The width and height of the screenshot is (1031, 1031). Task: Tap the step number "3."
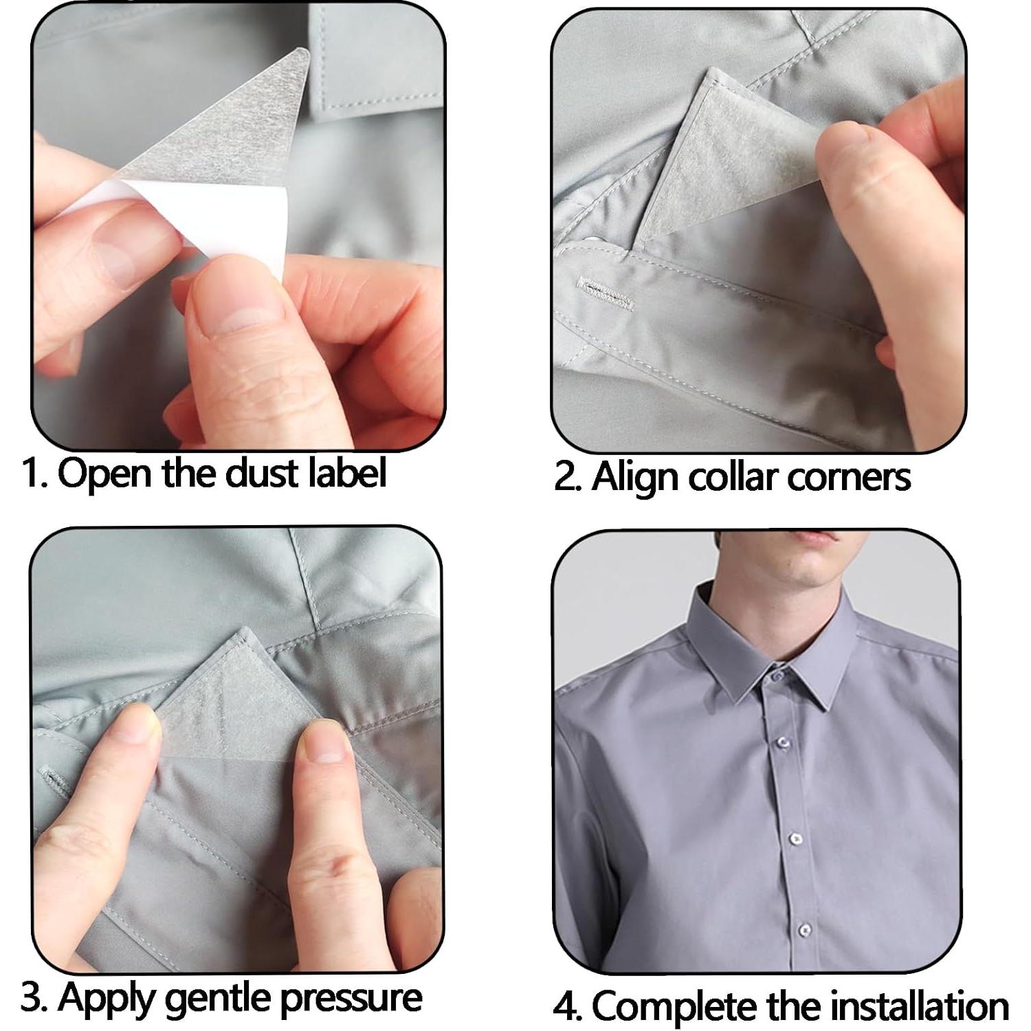coord(34,998)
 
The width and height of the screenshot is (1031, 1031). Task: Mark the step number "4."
coord(568,1006)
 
